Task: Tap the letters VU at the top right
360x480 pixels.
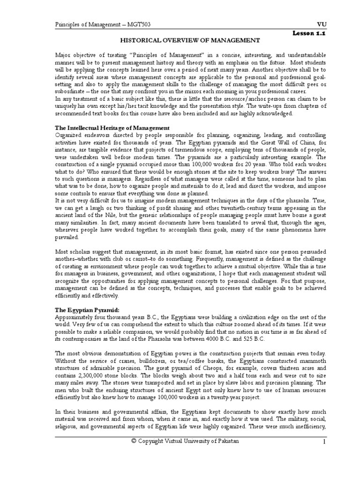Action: pos(322,24)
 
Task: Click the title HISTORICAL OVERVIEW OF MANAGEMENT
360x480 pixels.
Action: pos(191,41)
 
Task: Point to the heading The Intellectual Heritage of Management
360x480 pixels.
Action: pos(112,128)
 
